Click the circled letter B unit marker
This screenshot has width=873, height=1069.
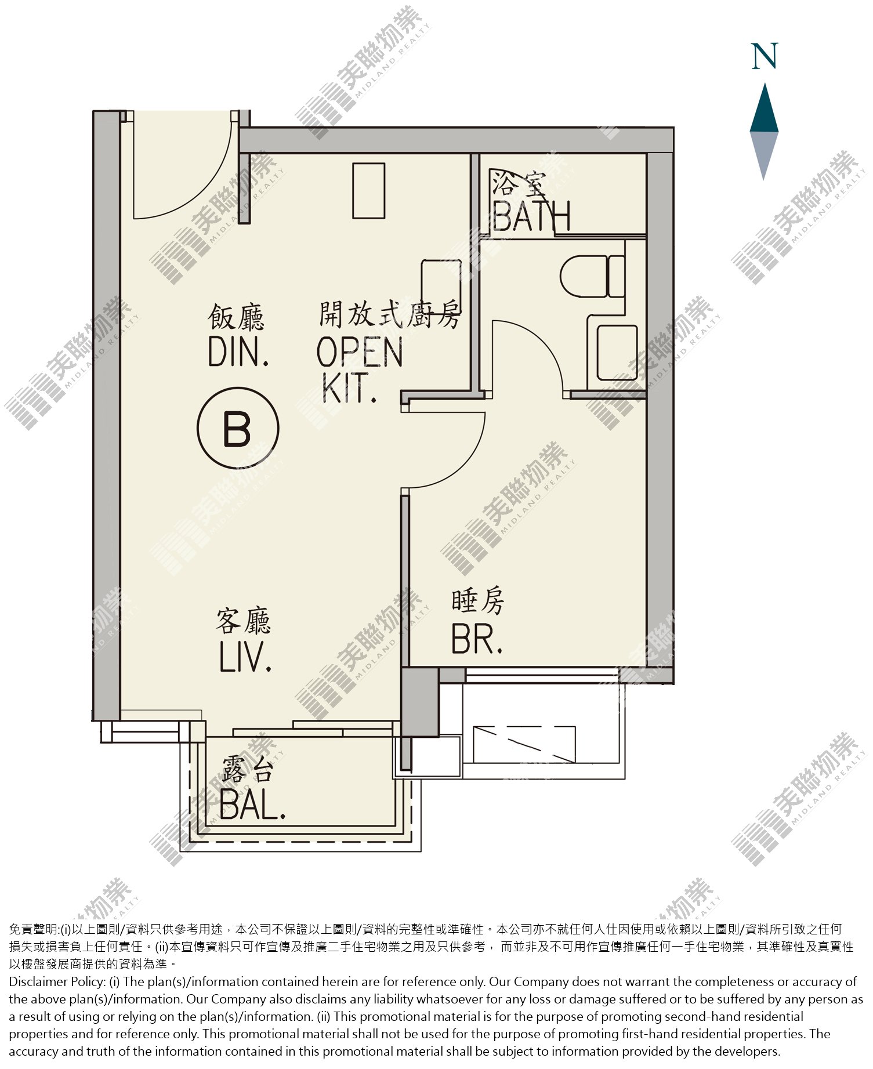[238, 428]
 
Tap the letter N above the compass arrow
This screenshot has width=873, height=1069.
[764, 56]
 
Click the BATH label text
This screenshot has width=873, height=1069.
[531, 216]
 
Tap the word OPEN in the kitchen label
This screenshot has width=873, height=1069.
[360, 351]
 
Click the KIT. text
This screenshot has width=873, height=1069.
[349, 388]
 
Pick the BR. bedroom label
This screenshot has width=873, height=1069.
[477, 638]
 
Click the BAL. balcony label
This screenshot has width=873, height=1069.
[253, 803]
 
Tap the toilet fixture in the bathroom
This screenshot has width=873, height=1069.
[592, 276]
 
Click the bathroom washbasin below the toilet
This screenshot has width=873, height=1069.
[617, 352]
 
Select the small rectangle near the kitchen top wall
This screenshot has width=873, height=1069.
[369, 191]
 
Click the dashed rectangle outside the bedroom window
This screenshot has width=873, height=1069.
[524, 745]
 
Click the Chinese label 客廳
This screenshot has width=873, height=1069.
[244, 620]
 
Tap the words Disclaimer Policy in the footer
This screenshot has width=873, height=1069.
[57, 981]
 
